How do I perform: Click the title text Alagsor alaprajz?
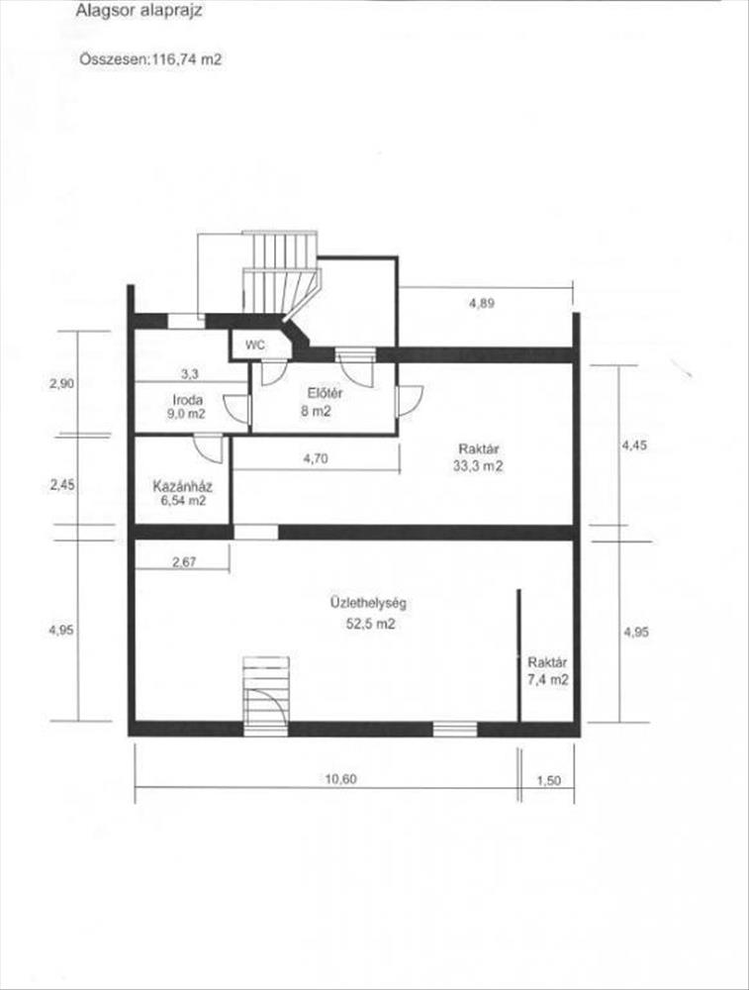(139, 11)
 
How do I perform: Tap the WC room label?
(255, 346)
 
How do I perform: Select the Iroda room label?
(188, 399)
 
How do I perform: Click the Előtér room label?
(325, 393)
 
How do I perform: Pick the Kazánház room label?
(182, 486)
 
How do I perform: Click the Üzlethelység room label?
(368, 603)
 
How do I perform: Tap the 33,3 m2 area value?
(478, 466)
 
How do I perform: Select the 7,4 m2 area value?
(548, 679)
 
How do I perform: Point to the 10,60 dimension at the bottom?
(340, 778)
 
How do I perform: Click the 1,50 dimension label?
(548, 780)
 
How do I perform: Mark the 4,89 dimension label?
(482, 303)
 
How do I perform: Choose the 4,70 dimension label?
(316, 459)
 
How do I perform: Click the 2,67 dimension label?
(184, 561)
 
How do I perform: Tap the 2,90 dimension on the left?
(61, 383)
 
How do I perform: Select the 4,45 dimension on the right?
(634, 445)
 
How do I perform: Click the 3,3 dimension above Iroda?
(189, 374)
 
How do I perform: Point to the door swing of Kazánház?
(209, 448)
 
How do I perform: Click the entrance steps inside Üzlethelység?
(266, 696)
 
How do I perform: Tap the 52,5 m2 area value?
(370, 624)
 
